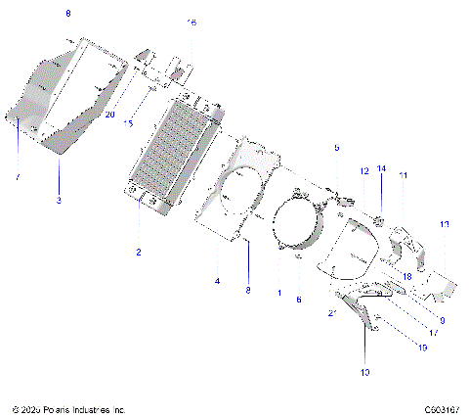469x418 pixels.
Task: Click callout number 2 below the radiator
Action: pos(139,253)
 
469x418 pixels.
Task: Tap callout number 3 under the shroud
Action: pos(59,201)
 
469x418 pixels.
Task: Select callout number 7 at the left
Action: pos(17,177)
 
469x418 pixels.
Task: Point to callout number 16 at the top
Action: pos(192,22)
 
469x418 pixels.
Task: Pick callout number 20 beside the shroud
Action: pos(109,115)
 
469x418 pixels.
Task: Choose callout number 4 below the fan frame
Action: pos(218,281)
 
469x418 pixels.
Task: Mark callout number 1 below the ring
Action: pos(278,293)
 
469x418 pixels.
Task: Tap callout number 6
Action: pos(299,300)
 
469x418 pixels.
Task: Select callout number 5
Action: pos(336,148)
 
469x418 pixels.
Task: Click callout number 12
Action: pos(363,170)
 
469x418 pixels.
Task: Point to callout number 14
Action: pos(382,168)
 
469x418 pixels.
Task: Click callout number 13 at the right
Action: pos(445,225)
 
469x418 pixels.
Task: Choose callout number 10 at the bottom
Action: pos(366,372)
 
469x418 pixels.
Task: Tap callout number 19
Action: pos(422,348)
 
